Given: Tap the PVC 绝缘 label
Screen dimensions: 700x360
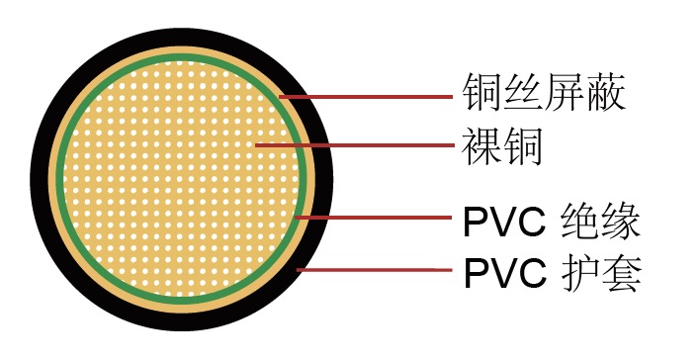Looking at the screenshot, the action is tap(553, 221).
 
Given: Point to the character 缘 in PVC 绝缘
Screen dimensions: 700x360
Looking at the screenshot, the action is tap(623, 221).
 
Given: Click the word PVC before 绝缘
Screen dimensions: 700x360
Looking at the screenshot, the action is tap(504, 222).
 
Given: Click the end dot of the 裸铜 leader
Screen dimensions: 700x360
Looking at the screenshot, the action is tap(256, 145).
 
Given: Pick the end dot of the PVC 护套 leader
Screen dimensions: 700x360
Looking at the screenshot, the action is tap(299, 269).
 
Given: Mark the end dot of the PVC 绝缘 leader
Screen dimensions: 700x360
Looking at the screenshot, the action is tap(299, 217).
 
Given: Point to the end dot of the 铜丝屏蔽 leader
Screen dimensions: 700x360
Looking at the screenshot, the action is tap(283, 96).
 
